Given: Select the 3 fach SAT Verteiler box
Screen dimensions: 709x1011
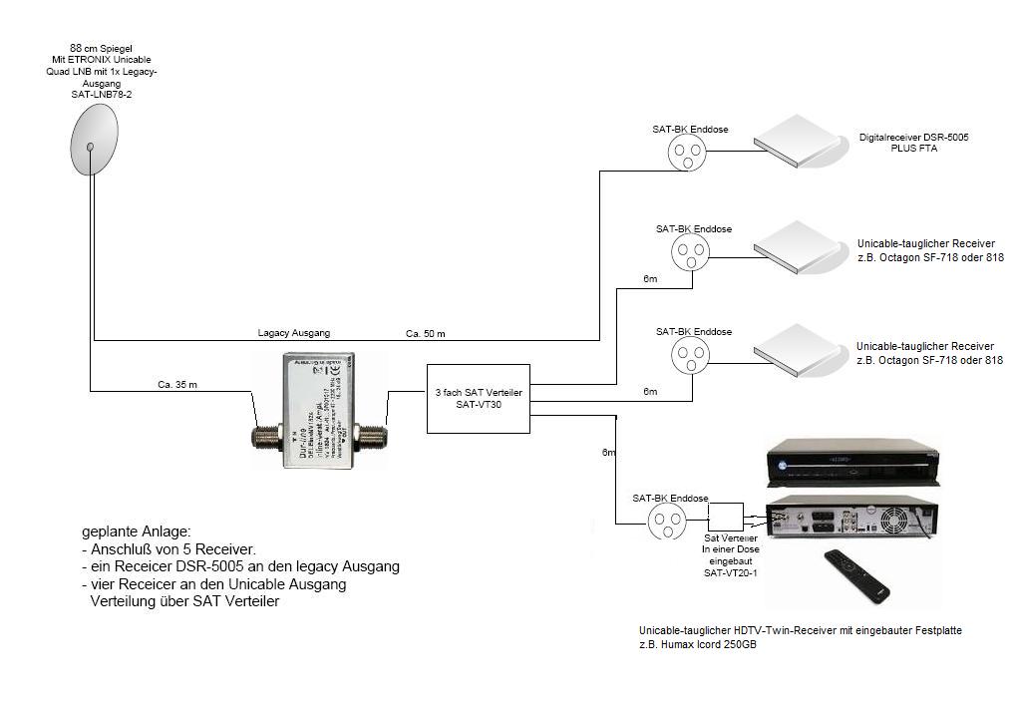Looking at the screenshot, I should click(478, 397).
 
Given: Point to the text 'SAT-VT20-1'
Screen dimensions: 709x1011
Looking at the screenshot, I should click(729, 573).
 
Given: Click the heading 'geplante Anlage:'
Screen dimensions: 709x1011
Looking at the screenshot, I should click(136, 531).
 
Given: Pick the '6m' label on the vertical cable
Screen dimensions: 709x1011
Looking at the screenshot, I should click(608, 453).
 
